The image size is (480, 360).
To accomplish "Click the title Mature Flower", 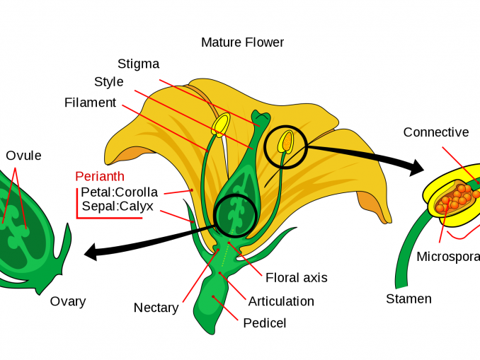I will click(x=242, y=42).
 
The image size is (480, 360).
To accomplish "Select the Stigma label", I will click(x=138, y=64).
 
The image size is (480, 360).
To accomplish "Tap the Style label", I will click(x=108, y=82).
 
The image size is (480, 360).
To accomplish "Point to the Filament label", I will click(x=90, y=103).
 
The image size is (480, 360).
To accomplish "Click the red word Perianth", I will click(x=100, y=176).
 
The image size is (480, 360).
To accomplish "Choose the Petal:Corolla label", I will click(x=119, y=192).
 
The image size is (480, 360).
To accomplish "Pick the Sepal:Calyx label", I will click(x=118, y=207).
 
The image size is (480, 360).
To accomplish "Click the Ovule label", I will click(x=23, y=156).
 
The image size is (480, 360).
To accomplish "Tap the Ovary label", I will click(x=67, y=301).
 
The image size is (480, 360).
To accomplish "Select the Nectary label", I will click(x=156, y=308).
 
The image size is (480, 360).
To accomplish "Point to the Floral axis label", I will click(x=296, y=277).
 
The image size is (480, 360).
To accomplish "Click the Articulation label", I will click(x=281, y=301).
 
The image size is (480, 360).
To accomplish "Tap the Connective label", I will click(x=435, y=132).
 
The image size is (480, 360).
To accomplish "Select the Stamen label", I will click(x=408, y=299).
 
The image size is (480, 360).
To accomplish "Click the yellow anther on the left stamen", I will click(x=221, y=124).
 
